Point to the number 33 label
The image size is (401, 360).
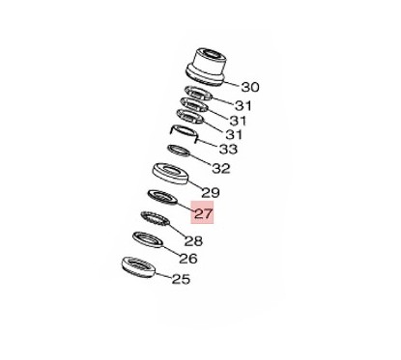tap(228, 150)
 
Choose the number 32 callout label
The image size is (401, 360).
tap(221, 168)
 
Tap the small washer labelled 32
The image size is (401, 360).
tap(180, 151)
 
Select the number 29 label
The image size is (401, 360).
tap(211, 193)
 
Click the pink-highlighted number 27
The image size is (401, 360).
tap(205, 214)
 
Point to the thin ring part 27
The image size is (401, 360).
tap(160, 200)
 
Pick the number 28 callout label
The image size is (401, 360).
tap(193, 241)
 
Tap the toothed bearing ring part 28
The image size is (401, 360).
tap(154, 219)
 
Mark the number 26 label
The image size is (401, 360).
tap(187, 259)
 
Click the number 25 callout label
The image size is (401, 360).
tap(180, 280)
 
